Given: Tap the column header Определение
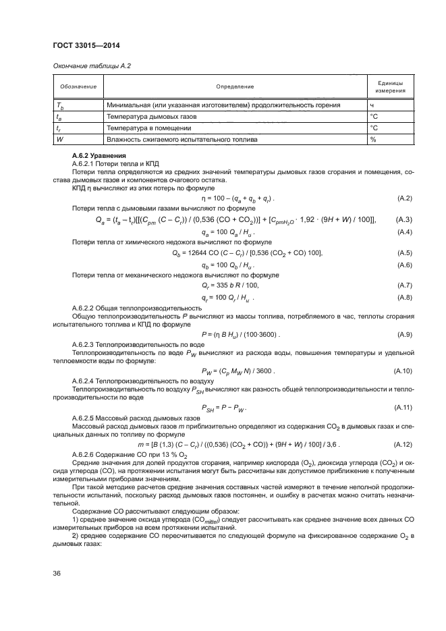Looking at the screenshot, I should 234,86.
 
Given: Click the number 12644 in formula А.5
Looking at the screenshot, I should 196,252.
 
